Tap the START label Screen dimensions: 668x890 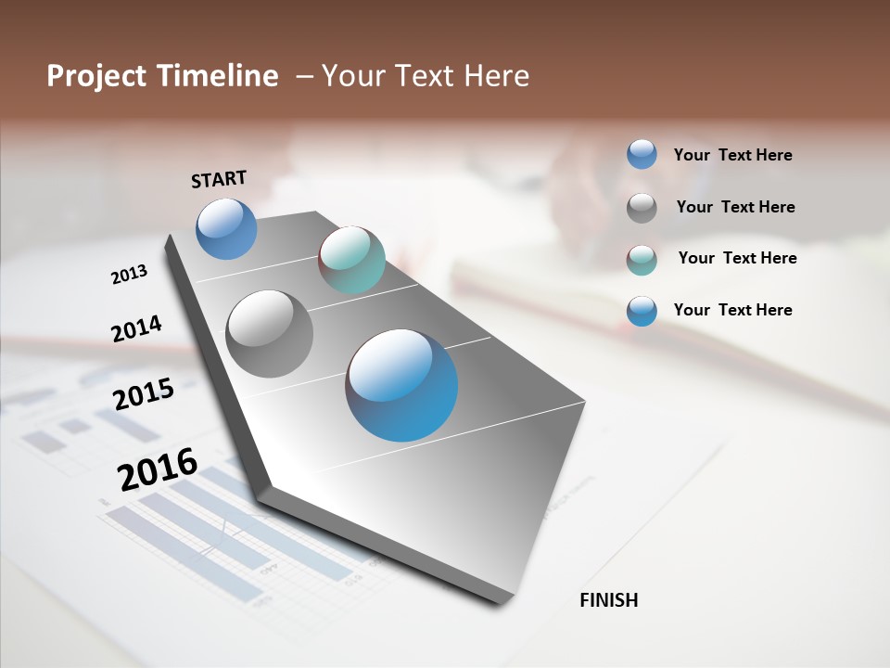(x=219, y=179)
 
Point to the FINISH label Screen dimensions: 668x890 (x=608, y=600)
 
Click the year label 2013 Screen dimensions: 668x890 (x=129, y=275)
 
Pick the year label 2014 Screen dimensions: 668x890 (x=136, y=328)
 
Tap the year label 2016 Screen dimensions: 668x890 (x=158, y=469)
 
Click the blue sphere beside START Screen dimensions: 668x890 (x=226, y=228)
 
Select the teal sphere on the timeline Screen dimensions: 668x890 (x=351, y=260)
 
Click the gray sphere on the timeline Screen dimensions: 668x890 (x=269, y=334)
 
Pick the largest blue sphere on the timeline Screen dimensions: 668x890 (x=401, y=385)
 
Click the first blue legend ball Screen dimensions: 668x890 (x=642, y=154)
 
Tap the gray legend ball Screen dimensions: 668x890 (x=642, y=208)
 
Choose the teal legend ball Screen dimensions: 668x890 (x=642, y=260)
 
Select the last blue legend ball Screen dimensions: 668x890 (x=642, y=311)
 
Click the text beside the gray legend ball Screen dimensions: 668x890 (x=735, y=207)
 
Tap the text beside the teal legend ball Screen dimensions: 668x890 (x=737, y=258)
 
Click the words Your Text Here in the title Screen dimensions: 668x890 (x=426, y=76)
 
